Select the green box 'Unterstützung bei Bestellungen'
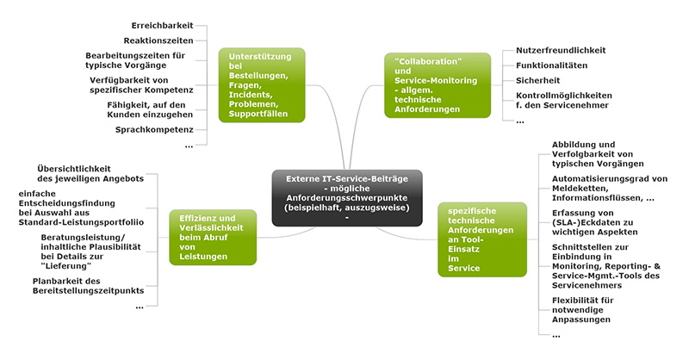click(261, 84)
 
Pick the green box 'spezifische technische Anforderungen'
click(481, 239)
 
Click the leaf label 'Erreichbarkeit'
click(163, 25)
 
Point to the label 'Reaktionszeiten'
click(158, 40)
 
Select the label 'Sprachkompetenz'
click(154, 130)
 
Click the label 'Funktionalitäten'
click(551, 65)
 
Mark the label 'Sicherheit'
click(537, 80)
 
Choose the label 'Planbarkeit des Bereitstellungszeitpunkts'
click(88, 286)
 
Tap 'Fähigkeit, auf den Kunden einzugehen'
click(146, 109)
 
